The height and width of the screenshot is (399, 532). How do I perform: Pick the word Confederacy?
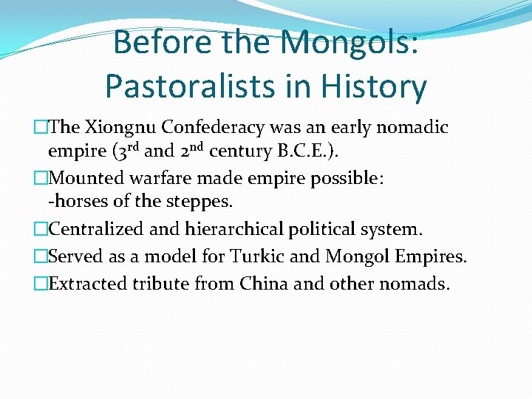click(222, 127)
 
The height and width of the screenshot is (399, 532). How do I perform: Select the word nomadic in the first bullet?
click(412, 127)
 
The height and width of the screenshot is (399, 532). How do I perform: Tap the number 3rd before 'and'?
click(123, 151)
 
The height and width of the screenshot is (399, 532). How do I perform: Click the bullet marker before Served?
click(41, 256)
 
